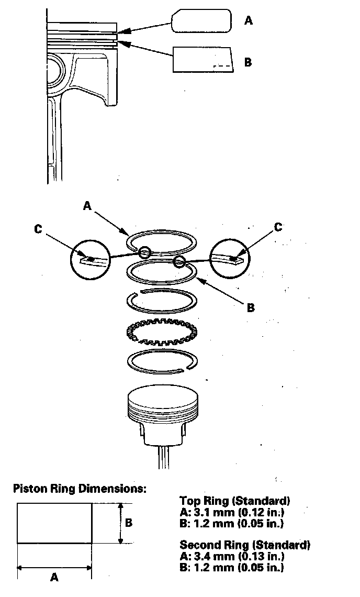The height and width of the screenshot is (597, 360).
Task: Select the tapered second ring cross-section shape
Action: coord(202,59)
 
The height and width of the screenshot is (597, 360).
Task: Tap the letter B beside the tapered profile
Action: coord(248,62)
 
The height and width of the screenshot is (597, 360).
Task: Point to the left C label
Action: coord(39,229)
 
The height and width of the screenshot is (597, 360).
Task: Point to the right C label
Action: coord(278,227)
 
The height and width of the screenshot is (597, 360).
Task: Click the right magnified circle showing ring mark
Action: coord(230,257)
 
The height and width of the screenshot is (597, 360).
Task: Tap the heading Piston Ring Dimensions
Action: coord(80,489)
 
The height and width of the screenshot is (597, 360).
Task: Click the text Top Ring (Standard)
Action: coord(234,501)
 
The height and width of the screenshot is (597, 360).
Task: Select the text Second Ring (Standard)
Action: coord(245,545)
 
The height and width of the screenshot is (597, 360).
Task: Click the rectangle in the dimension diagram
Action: coord(54,523)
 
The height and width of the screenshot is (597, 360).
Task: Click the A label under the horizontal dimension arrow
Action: coord(54,577)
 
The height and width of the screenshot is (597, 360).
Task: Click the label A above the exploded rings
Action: coord(87,206)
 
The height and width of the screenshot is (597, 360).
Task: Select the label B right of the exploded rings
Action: coord(251,307)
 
